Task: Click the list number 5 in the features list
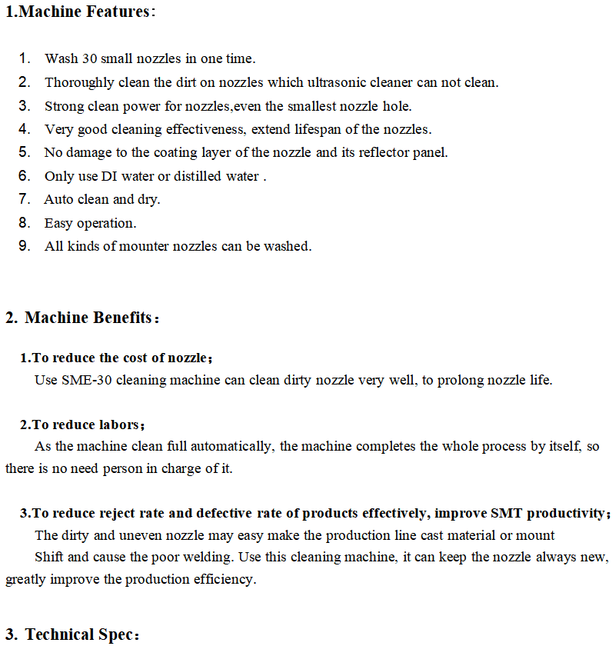[25, 152]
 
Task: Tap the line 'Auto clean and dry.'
[102, 199]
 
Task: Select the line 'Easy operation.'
[90, 223]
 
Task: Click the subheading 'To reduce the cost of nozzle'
[120, 358]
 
